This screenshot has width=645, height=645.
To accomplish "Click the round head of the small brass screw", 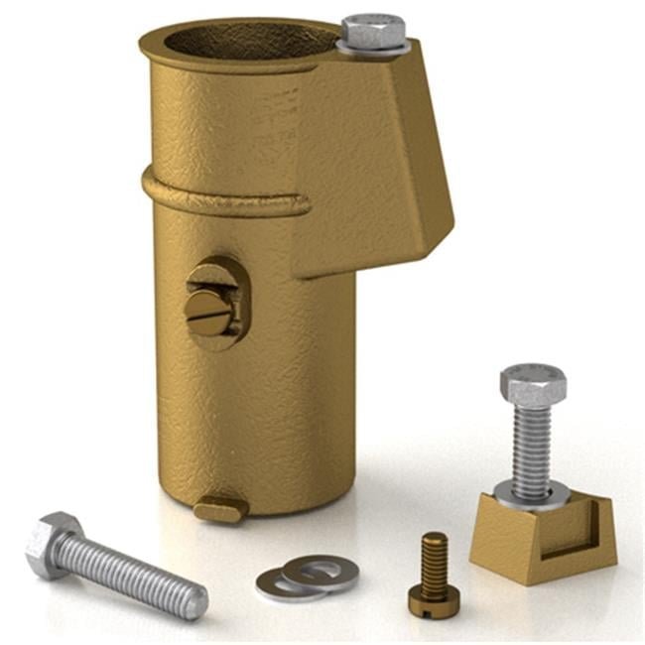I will pyautogui.click(x=434, y=598).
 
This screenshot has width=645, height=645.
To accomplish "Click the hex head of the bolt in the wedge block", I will pyautogui.click(x=533, y=383).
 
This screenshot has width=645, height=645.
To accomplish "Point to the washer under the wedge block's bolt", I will pyautogui.click(x=533, y=494).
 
